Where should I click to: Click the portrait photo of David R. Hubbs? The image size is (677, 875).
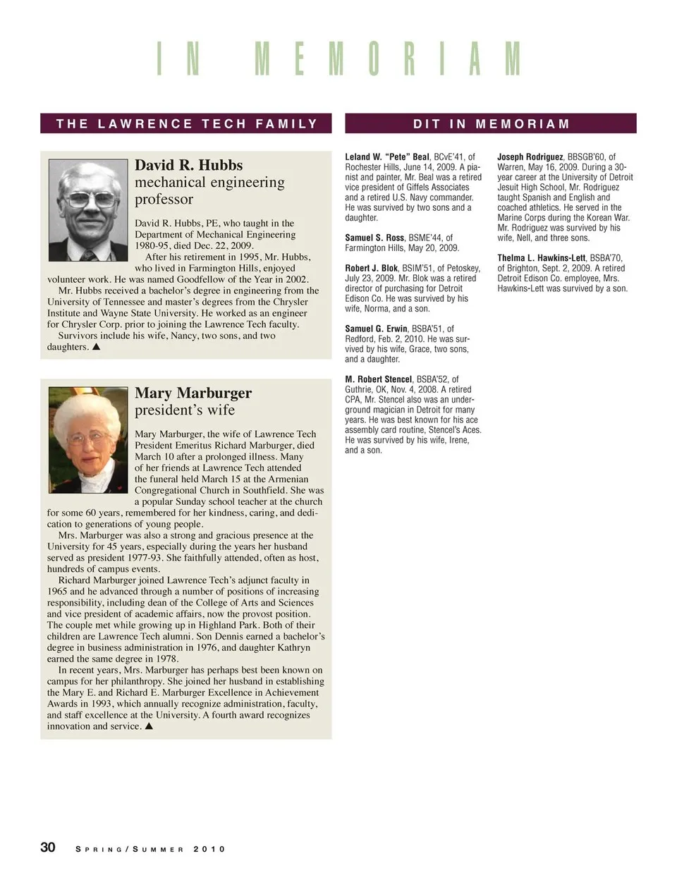coord(89,210)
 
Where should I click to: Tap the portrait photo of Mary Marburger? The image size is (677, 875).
coord(89,439)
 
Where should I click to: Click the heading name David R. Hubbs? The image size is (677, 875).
coord(188,165)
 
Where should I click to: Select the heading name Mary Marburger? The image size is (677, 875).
coord(193,393)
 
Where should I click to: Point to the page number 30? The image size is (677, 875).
coord(48,847)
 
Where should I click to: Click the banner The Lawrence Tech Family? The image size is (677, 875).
coord(186,124)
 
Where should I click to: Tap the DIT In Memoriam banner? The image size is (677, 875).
coord(491,124)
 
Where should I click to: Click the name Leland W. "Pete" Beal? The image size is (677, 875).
coord(387,157)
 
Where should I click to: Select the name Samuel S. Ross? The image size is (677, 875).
coord(374,238)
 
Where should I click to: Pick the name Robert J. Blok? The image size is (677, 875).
coord(372,269)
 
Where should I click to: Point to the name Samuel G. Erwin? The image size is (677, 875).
coord(376,329)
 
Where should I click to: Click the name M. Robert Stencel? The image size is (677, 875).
coord(379,379)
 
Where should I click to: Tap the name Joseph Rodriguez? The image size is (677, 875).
coord(530,157)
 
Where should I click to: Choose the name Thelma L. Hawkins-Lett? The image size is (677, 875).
coord(541,259)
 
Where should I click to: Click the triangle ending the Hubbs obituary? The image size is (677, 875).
coord(97,347)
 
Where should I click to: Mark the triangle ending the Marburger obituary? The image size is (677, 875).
coord(149,726)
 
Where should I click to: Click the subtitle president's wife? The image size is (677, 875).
coord(185,410)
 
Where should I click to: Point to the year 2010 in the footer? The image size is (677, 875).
coord(209,849)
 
